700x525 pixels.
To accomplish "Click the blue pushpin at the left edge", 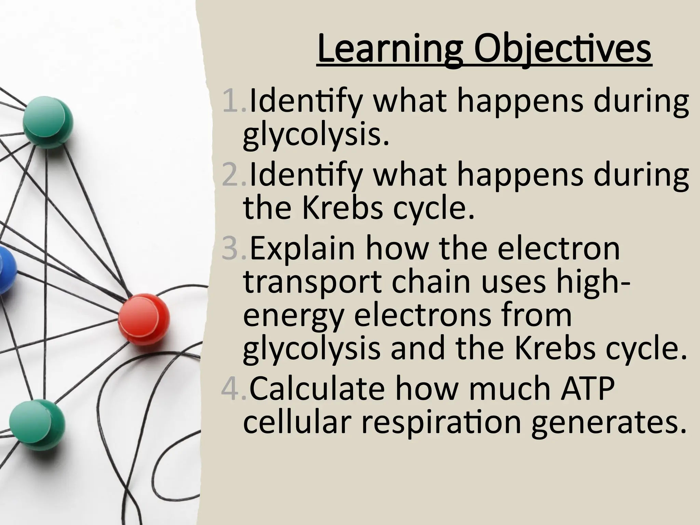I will pyautogui.click(x=5, y=270).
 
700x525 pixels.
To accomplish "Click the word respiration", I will pyautogui.click(x=441, y=424).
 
